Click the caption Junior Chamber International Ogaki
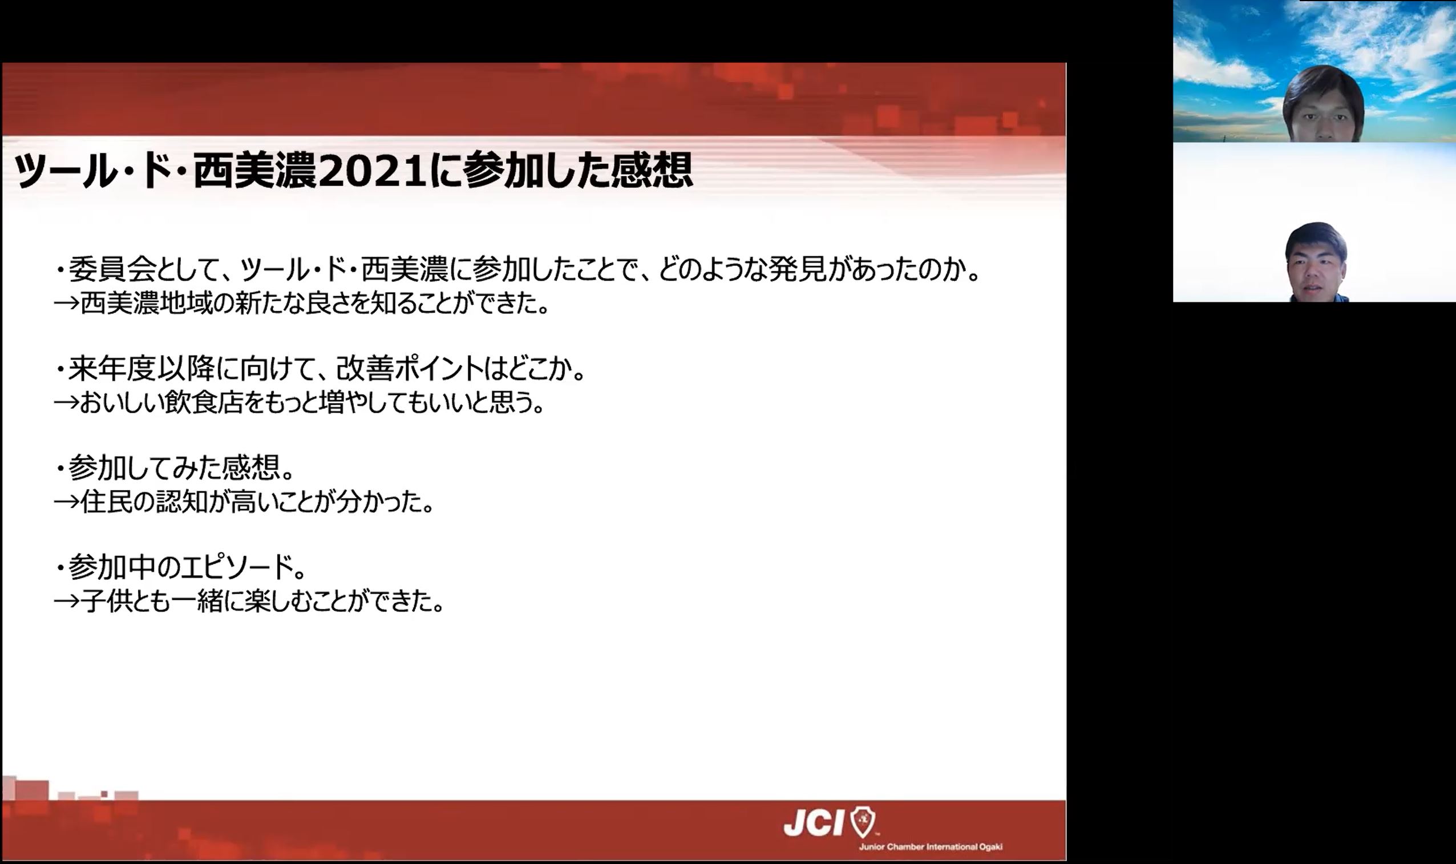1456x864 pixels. [931, 846]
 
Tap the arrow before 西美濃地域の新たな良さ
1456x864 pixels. [66, 304]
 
